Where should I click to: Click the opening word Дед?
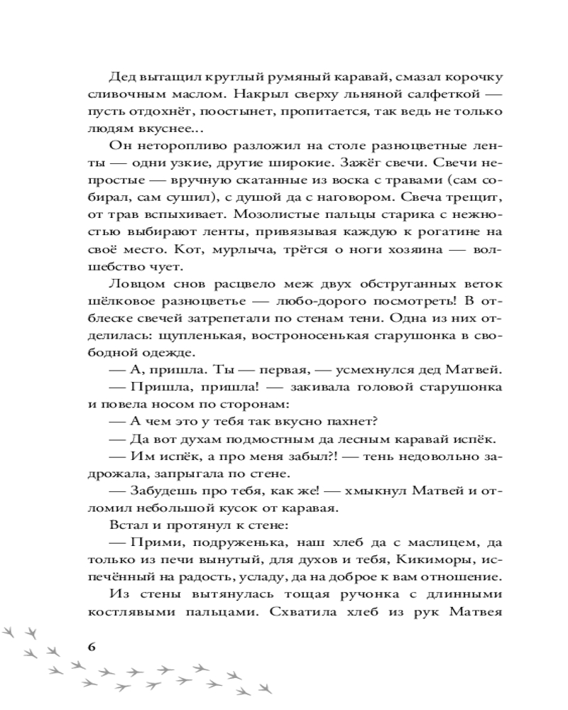point(122,77)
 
